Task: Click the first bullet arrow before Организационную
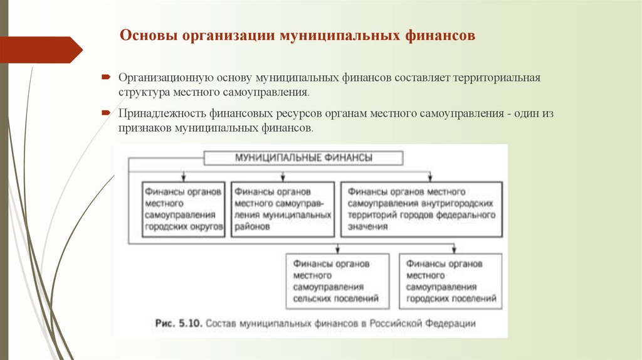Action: pyautogui.click(x=107, y=78)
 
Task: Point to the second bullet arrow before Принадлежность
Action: pyautogui.click(x=107, y=114)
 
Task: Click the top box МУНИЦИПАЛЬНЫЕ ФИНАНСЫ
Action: pyautogui.click(x=303, y=158)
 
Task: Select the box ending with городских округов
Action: pyautogui.click(x=183, y=209)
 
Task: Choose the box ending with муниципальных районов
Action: pyautogui.click(x=282, y=209)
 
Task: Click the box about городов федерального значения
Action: pyautogui.click(x=421, y=209)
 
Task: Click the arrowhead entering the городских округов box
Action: pyautogui.click(x=182, y=179)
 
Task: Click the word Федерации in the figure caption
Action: pyautogui.click(x=450, y=324)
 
